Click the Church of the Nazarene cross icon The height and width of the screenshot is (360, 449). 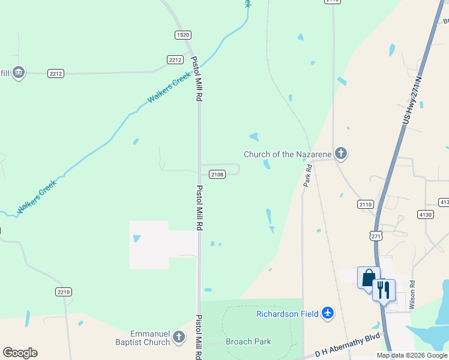[340, 154]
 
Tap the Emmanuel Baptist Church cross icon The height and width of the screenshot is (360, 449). [178, 338]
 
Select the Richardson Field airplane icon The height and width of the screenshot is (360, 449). [327, 313]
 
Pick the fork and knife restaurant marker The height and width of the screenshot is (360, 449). [384, 290]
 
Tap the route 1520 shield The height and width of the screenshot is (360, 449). [183, 35]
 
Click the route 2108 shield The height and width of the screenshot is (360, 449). [217, 174]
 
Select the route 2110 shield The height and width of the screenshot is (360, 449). [366, 204]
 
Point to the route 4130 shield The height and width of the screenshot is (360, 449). [425, 214]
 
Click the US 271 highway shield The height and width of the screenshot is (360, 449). [376, 236]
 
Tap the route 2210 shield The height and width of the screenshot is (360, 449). [64, 292]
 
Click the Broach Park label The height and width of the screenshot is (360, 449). [248, 341]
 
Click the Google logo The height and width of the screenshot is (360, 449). [20, 353]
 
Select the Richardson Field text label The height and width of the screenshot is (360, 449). [288, 313]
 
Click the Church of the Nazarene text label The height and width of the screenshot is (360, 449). [288, 154]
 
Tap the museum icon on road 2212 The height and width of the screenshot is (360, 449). [18, 73]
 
